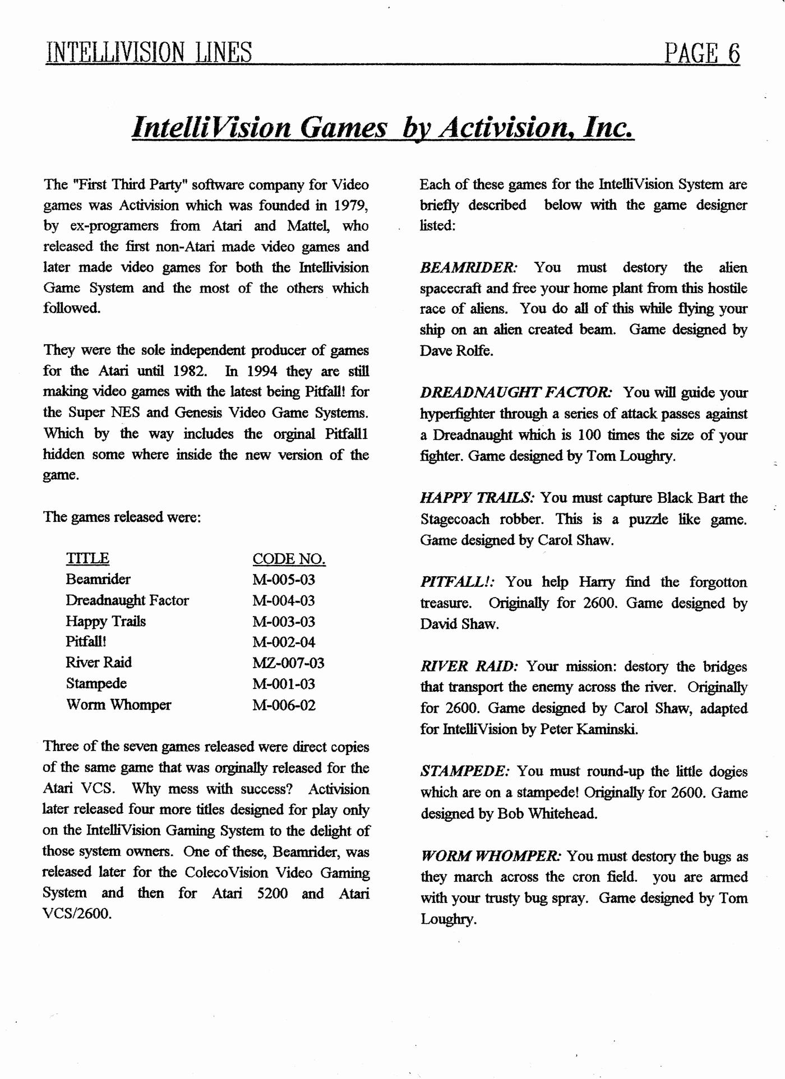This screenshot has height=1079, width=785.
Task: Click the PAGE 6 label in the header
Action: [701, 53]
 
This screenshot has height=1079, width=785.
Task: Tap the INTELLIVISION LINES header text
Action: [149, 53]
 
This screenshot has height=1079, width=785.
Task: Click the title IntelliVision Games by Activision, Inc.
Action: [383, 127]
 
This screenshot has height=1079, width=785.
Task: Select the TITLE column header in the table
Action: [87, 558]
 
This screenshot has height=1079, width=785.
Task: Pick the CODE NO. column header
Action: [289, 559]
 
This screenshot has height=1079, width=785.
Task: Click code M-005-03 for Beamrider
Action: [284, 580]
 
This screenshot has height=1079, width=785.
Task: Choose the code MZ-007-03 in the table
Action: [288, 663]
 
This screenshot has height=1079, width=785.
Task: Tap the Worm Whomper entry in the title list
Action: [118, 705]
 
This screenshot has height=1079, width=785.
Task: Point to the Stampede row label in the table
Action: [96, 684]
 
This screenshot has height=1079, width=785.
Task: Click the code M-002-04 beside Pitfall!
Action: [284, 642]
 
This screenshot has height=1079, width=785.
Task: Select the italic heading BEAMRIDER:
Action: [469, 267]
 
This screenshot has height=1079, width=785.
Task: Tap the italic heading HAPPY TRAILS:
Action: [478, 498]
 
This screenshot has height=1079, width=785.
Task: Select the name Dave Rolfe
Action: [456, 351]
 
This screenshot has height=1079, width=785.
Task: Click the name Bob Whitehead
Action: [547, 813]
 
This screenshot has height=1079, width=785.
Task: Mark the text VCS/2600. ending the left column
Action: [77, 914]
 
